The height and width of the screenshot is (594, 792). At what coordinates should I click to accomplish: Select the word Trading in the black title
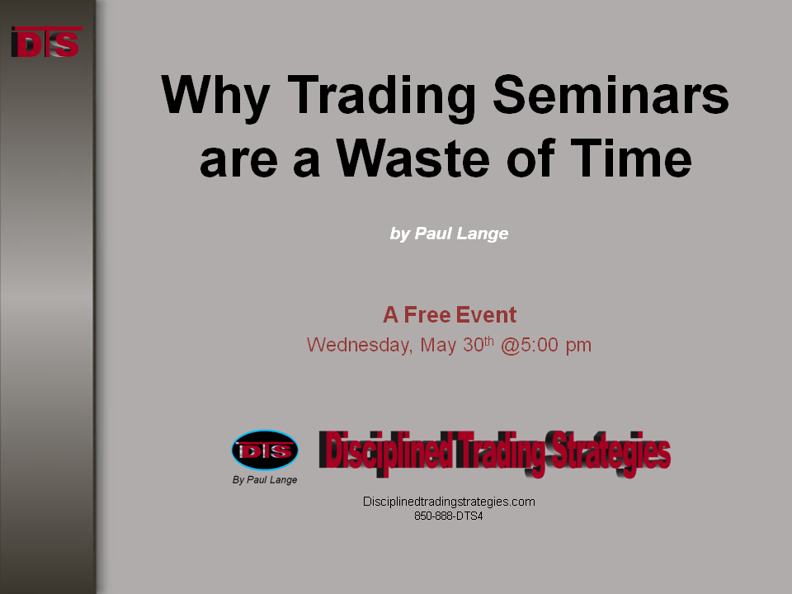(381, 97)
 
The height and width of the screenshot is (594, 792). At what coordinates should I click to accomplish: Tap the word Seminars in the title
(610, 94)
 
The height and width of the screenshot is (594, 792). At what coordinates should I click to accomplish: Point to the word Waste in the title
(412, 158)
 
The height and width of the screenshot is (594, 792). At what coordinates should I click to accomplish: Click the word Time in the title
(631, 158)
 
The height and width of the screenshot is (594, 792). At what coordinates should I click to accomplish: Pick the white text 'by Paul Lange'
(449, 233)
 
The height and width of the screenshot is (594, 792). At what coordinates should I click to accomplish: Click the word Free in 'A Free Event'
(427, 314)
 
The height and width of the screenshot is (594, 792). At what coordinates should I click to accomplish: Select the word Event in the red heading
(486, 314)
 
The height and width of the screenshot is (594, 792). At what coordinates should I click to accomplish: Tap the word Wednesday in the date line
(360, 345)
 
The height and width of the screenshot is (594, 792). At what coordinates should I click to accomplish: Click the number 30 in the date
(474, 345)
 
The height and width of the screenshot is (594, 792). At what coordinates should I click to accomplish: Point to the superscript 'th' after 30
(488, 341)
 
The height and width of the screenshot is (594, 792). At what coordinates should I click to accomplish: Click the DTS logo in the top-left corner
(46, 42)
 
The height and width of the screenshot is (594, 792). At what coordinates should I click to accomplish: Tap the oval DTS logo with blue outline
(265, 450)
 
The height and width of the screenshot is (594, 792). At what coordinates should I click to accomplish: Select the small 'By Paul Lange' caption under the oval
(265, 480)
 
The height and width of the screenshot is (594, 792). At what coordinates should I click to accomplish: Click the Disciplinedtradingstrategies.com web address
(449, 502)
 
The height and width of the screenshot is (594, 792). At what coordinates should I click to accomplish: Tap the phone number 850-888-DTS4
(449, 516)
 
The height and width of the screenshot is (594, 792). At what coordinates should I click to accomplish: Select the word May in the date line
(438, 346)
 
